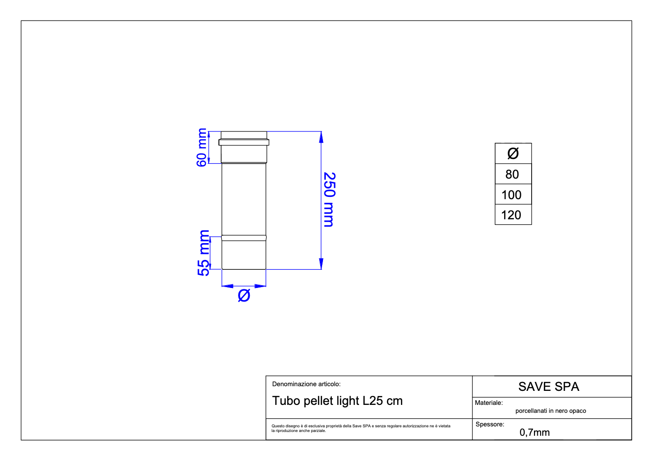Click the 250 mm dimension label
329,200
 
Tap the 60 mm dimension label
202,147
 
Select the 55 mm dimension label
204,253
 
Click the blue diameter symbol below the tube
244,295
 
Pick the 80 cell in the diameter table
512,174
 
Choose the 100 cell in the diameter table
512,195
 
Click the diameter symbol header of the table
513,153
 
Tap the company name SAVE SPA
548,387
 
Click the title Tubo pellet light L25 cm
337,401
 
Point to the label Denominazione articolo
306,384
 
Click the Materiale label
489,403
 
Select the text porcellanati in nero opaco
550,411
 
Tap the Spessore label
490,425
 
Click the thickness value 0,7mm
534,432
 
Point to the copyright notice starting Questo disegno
361,428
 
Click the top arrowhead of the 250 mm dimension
321,137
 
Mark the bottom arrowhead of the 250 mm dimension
321,264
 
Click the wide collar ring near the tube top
244,142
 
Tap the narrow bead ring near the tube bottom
244,238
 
